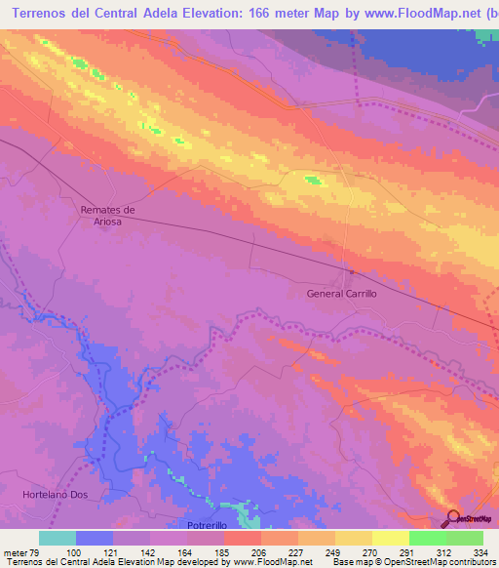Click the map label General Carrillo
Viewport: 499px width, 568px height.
click(341, 293)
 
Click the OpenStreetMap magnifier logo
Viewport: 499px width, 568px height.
click(453, 518)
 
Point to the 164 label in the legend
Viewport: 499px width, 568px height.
click(187, 551)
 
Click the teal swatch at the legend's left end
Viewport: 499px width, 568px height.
click(58, 538)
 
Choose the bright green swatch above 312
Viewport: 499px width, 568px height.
click(427, 538)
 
